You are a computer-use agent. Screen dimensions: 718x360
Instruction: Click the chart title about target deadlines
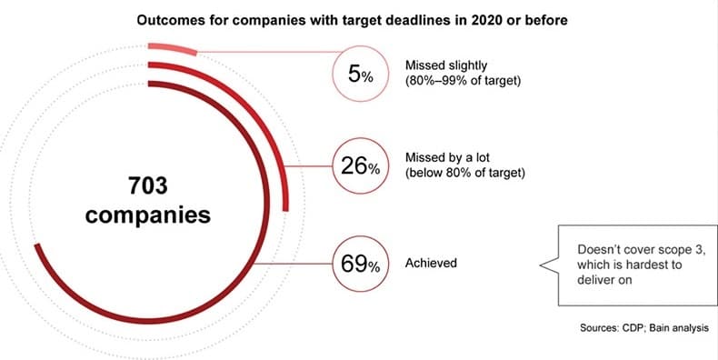tap(352, 21)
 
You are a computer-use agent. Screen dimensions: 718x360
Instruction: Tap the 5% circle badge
tap(361, 74)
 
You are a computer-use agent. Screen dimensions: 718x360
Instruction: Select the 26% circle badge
tap(361, 165)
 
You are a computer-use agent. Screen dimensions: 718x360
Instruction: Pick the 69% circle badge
tap(361, 264)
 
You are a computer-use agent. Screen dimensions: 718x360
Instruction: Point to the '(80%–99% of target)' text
tap(463, 83)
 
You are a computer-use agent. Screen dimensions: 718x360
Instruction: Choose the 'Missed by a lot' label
tap(447, 158)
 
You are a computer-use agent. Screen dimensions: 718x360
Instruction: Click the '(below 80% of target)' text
tap(464, 174)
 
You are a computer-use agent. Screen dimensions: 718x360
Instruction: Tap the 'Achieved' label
tap(431, 263)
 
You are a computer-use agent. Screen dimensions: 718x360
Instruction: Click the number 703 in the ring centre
tap(148, 186)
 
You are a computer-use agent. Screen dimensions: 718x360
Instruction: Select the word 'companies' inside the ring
tap(148, 215)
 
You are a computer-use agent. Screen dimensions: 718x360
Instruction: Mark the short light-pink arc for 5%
tap(173, 48)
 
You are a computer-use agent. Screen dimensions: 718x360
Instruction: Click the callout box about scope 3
tap(637, 265)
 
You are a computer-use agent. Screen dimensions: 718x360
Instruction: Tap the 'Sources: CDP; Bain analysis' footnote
tap(644, 328)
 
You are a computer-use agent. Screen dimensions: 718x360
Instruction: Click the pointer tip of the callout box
tap(541, 265)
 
